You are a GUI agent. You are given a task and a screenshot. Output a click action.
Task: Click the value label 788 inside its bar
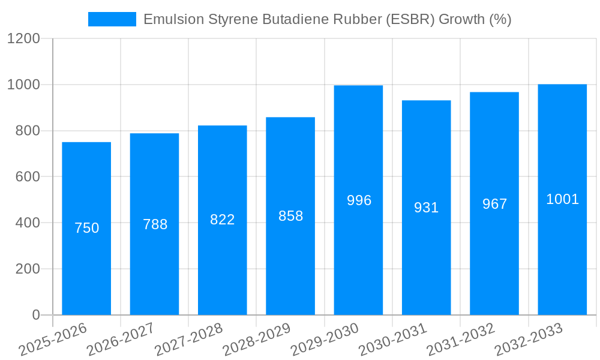(x=155, y=224)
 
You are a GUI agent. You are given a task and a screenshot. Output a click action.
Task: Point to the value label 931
(x=427, y=208)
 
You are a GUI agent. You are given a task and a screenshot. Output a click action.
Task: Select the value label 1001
(x=562, y=199)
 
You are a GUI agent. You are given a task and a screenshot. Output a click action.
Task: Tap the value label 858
(x=290, y=216)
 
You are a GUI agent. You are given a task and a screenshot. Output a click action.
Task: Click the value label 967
(x=494, y=204)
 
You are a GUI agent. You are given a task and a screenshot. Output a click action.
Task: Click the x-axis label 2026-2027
(x=121, y=340)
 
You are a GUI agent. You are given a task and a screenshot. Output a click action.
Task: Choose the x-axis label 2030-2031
(x=392, y=340)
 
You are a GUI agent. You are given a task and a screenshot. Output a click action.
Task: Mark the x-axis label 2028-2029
(x=257, y=340)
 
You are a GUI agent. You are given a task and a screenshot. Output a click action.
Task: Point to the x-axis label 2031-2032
(x=461, y=340)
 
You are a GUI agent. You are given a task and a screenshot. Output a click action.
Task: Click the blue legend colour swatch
(x=112, y=19)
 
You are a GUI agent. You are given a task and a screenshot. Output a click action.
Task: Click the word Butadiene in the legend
(x=290, y=19)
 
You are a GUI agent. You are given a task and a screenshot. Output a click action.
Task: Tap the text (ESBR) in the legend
(x=412, y=19)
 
